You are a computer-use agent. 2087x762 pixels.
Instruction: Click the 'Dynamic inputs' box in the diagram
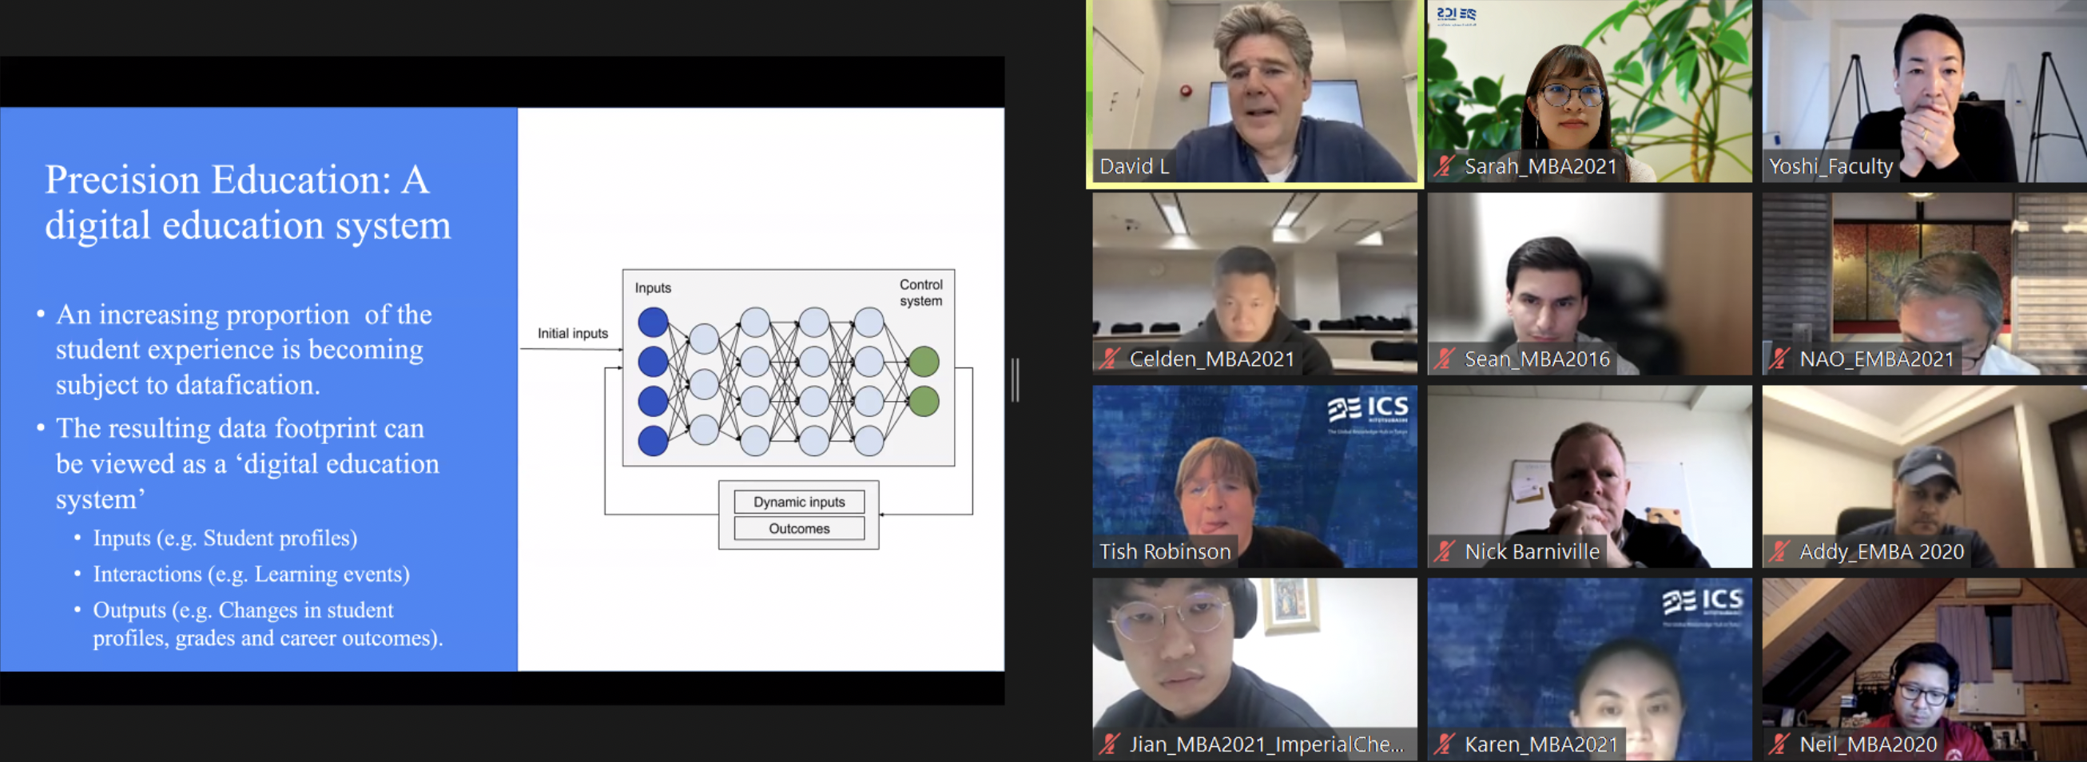click(x=799, y=502)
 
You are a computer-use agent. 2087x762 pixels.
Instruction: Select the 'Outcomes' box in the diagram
click(x=799, y=529)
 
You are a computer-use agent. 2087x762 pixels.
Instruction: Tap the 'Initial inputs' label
click(x=572, y=334)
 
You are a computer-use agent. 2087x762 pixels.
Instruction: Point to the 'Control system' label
click(x=921, y=292)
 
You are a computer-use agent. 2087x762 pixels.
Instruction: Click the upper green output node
click(x=923, y=361)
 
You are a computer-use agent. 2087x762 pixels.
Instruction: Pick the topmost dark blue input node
click(x=652, y=322)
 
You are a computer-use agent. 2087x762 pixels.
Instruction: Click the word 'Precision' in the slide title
click(x=121, y=180)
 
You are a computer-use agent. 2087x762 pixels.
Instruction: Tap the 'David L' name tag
click(x=1134, y=167)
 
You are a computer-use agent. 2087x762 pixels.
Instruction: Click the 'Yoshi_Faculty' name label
click(x=1831, y=167)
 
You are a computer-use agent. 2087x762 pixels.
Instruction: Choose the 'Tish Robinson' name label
click(x=1164, y=552)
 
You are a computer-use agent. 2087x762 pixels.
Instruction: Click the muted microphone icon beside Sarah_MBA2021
click(x=1444, y=166)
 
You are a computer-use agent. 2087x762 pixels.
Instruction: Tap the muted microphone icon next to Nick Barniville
click(x=1444, y=551)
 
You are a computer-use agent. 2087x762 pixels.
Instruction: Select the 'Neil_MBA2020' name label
click(x=1867, y=744)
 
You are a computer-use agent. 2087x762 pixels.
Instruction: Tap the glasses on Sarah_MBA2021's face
click(x=1570, y=96)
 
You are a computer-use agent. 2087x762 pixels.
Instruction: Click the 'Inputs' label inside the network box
click(x=652, y=288)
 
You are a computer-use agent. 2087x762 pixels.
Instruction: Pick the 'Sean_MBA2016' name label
click(x=1536, y=359)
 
